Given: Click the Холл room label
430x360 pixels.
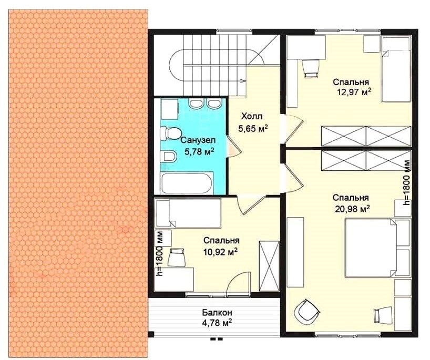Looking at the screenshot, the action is (x=252, y=116).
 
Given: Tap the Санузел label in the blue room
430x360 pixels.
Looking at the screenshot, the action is (x=198, y=140).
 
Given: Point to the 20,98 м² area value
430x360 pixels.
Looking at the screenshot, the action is (x=352, y=209).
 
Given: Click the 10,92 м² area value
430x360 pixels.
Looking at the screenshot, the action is (x=220, y=252).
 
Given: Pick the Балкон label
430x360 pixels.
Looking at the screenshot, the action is (x=218, y=312).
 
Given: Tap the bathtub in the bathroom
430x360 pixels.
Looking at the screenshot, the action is (x=187, y=183).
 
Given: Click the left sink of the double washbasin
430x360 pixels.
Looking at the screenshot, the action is (x=196, y=104).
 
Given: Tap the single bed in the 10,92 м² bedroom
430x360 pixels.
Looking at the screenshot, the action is (x=188, y=213).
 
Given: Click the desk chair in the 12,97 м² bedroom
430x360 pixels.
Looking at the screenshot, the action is (x=311, y=68).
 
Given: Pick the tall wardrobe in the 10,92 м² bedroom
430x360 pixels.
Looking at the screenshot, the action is (x=269, y=266).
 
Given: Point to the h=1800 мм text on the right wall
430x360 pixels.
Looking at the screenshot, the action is (x=407, y=183).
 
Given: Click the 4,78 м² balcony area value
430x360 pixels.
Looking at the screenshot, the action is (x=218, y=323).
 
